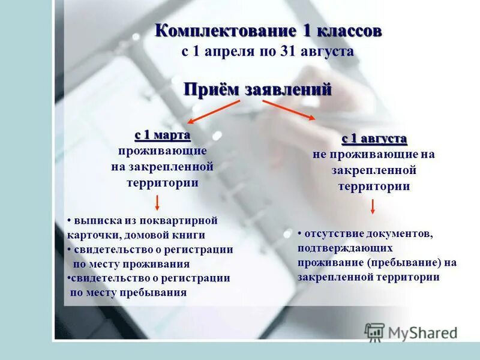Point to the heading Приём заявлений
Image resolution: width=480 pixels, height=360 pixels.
point(257,89)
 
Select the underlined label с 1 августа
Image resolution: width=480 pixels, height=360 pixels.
point(374,139)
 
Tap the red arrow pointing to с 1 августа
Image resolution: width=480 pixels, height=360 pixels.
point(290,110)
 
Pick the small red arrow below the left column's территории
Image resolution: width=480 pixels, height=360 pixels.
point(157,202)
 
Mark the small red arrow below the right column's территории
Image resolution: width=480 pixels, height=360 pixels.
point(373,206)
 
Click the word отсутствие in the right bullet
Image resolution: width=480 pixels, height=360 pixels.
point(329,233)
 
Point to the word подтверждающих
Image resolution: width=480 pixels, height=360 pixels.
point(345,247)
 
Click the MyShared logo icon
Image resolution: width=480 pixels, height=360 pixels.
point(375,332)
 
